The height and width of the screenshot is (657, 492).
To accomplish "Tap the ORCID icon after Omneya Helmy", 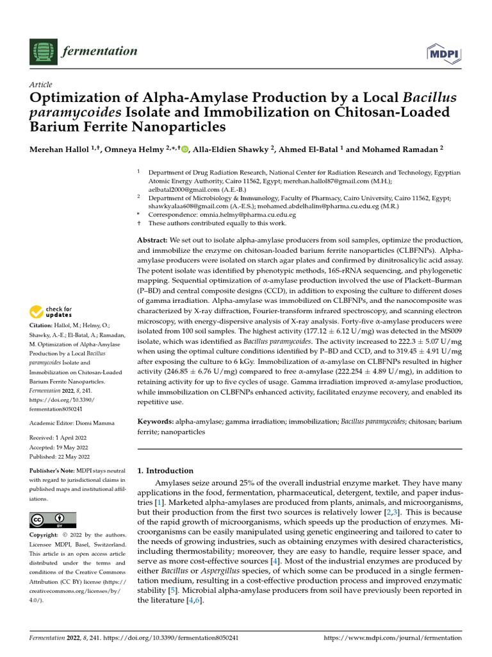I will click(185, 149).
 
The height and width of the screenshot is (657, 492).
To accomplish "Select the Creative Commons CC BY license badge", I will click(53, 520).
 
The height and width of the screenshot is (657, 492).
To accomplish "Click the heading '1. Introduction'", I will click(166, 470).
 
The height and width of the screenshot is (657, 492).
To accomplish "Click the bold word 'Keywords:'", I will click(157, 422).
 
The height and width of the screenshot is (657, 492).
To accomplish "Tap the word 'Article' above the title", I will click(41, 85).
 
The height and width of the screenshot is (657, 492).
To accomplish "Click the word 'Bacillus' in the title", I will click(429, 98).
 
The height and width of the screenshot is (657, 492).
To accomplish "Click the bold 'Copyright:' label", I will click(45, 535).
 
